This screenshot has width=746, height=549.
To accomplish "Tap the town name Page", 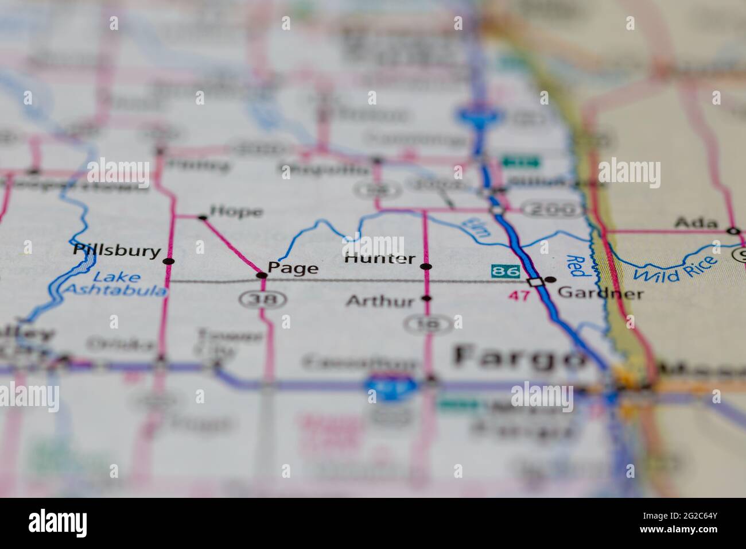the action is tap(293, 268).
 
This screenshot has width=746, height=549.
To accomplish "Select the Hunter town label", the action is tap(379, 258).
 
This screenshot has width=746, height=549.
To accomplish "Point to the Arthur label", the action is tap(380, 300).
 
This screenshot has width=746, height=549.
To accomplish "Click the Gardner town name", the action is tap(600, 293).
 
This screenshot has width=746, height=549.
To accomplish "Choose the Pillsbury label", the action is tap(116, 250).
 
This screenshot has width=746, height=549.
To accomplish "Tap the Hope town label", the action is tap(236, 211).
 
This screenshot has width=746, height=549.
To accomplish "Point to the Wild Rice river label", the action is tap(675, 269).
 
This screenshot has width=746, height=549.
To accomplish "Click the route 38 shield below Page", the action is tap(252, 298).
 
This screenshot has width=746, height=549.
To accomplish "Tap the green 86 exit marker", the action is tap(506, 270).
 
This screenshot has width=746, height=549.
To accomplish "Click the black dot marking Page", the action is tap(262, 276).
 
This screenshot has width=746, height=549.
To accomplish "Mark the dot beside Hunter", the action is tap(426, 266).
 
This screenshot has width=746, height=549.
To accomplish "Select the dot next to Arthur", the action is tap(426, 298).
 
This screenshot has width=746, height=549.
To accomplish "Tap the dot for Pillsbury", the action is tap(169, 261).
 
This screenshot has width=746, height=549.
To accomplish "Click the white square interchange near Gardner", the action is tap(535, 281).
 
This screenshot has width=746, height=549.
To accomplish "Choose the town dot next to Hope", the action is tap(202, 217).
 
